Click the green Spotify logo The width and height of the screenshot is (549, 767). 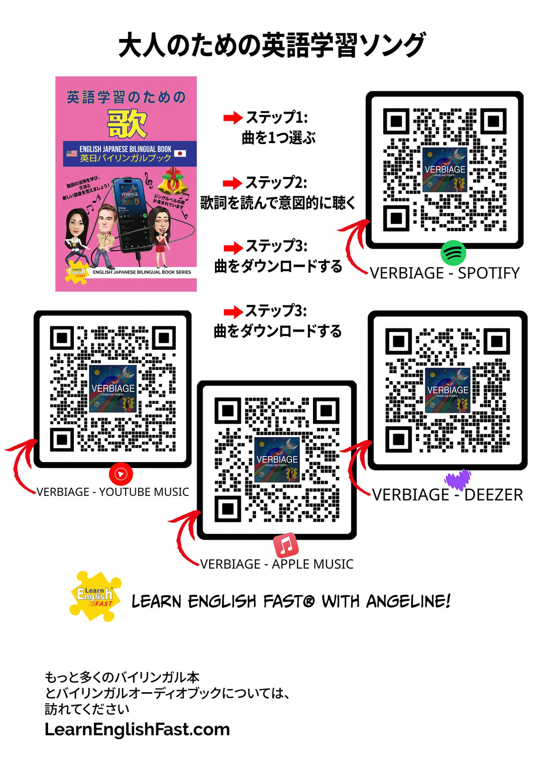tap(453, 253)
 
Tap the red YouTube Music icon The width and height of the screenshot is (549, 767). tap(121, 474)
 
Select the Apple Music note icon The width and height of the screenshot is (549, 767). tap(286, 545)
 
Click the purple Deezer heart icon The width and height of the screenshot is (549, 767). tap(458, 479)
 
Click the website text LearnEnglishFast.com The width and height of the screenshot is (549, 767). tap(137, 730)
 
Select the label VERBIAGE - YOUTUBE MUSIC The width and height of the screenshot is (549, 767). tap(113, 492)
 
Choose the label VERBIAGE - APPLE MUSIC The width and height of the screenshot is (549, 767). tap(277, 564)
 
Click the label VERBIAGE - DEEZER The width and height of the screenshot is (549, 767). tap(448, 495)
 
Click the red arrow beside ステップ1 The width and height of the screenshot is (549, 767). tap(232, 118)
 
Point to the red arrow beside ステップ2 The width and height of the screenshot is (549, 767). tap(232, 183)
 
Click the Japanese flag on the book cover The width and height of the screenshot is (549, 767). tap(180, 153)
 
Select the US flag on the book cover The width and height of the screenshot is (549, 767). tap(71, 153)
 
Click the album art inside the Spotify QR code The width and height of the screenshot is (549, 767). tap(444, 170)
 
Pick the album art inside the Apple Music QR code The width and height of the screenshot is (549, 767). tap(277, 460)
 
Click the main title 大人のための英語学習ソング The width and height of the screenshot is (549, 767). tap(272, 45)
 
